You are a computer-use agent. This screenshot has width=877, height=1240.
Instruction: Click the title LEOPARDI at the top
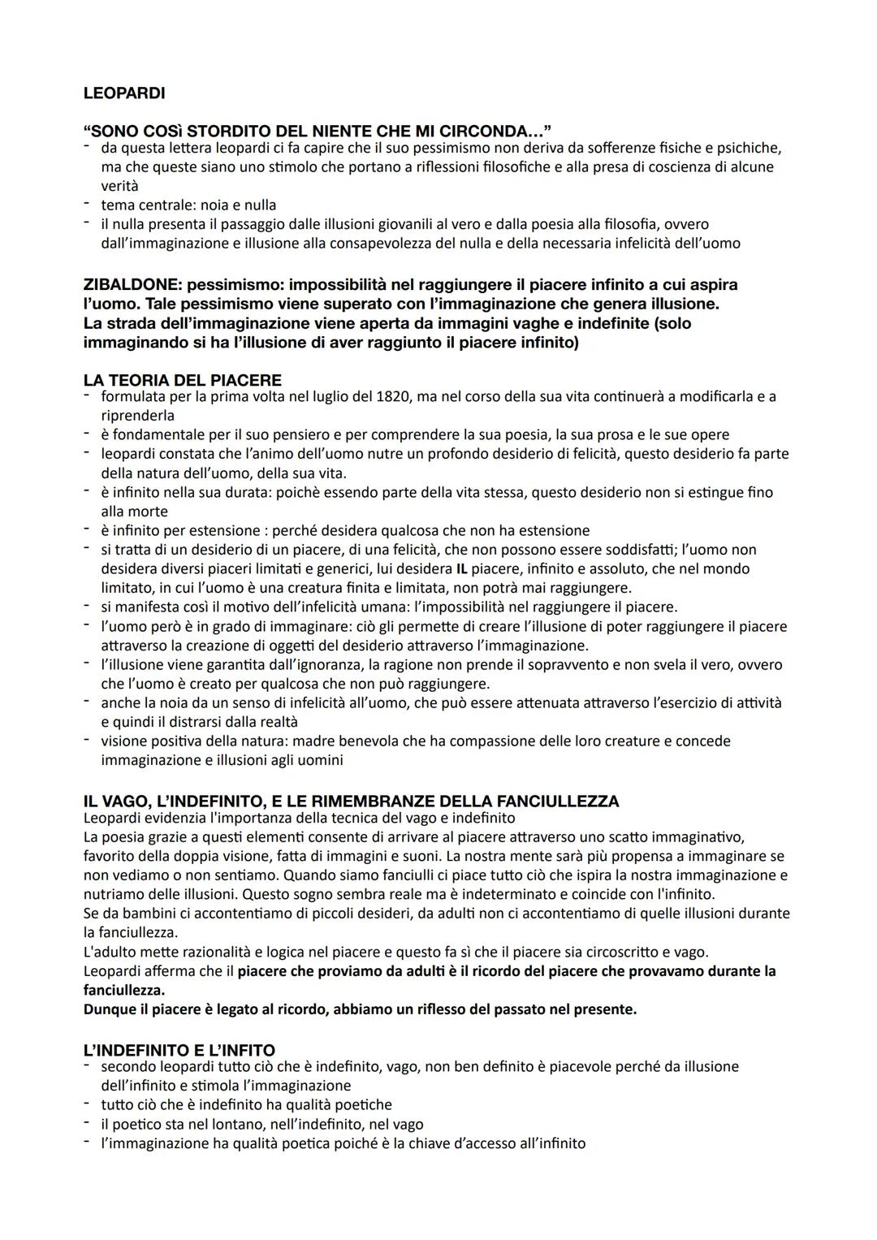click(x=123, y=93)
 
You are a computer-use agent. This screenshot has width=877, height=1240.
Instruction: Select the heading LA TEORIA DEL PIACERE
click(x=182, y=380)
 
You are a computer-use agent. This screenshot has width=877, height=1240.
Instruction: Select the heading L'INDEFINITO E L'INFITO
click(x=179, y=1050)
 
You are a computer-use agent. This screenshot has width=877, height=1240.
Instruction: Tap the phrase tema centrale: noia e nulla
click(x=188, y=205)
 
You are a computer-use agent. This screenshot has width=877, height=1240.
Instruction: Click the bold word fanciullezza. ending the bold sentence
click(x=123, y=990)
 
